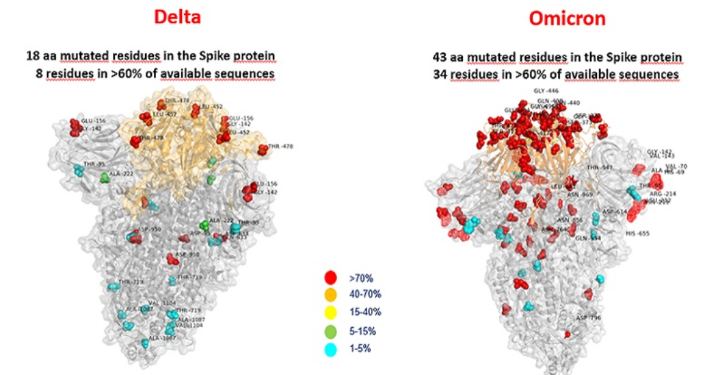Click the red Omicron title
[567, 18]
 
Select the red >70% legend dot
[330, 278]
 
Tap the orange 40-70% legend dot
[330, 295]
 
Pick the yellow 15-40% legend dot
[330, 313]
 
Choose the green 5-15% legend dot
[330, 331]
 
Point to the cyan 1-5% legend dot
[330, 348]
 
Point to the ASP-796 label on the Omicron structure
[589, 318]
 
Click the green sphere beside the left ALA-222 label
[105, 178]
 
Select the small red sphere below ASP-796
[567, 334]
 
